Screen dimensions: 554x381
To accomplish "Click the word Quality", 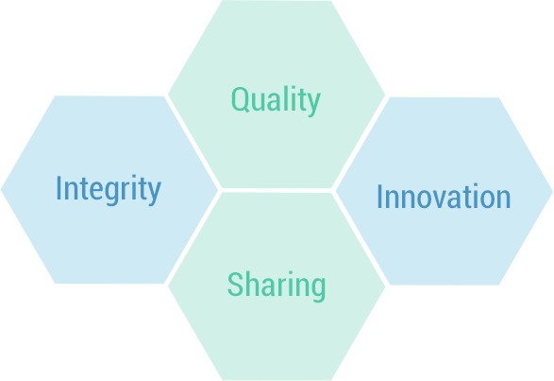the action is (x=276, y=101).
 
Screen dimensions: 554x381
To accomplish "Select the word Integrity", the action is (x=109, y=189).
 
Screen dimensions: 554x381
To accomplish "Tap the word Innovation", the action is (x=444, y=196).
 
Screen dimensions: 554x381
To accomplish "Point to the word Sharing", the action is (x=277, y=286).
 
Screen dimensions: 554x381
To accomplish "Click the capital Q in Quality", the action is (x=240, y=100).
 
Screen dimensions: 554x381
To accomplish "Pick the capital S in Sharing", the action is (x=235, y=284).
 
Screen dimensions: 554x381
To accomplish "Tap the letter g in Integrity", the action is (x=112, y=193).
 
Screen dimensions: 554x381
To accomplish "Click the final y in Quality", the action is (x=314, y=104).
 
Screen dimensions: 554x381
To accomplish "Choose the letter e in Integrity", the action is (x=96, y=191).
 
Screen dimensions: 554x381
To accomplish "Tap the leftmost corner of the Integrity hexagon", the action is (x=1, y=190).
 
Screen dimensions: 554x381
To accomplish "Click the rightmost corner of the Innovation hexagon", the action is (x=553, y=192).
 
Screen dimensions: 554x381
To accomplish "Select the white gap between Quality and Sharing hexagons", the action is (x=277, y=191).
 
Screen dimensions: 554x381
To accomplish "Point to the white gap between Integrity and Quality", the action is (x=193, y=142).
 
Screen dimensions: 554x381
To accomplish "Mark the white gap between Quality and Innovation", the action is (x=360, y=143).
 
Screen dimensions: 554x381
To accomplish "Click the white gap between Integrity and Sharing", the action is (x=193, y=238).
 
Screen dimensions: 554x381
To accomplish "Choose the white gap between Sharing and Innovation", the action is (x=360, y=238).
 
